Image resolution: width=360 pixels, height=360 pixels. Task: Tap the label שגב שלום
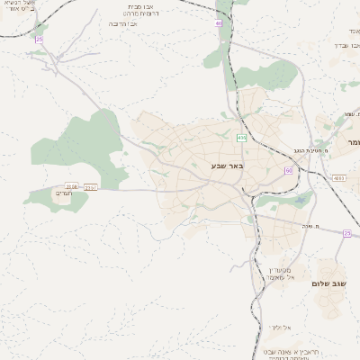click(x=329, y=283)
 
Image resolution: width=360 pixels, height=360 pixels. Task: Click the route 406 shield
click(x=241, y=138)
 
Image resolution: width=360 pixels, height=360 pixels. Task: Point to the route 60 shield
click(x=288, y=169)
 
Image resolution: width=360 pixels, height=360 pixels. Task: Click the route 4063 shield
click(x=338, y=178)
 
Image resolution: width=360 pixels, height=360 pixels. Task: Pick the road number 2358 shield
click(x=72, y=186)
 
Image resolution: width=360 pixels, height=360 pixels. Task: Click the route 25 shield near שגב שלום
click(x=346, y=233)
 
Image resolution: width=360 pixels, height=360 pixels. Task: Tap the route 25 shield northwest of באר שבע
click(x=39, y=40)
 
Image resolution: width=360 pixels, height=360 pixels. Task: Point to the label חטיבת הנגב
click(x=312, y=141)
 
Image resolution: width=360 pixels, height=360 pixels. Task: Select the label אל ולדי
click(x=277, y=327)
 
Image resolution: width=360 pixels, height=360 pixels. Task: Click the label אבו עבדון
click(x=346, y=43)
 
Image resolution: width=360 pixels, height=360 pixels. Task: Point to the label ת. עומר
click(x=347, y=114)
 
